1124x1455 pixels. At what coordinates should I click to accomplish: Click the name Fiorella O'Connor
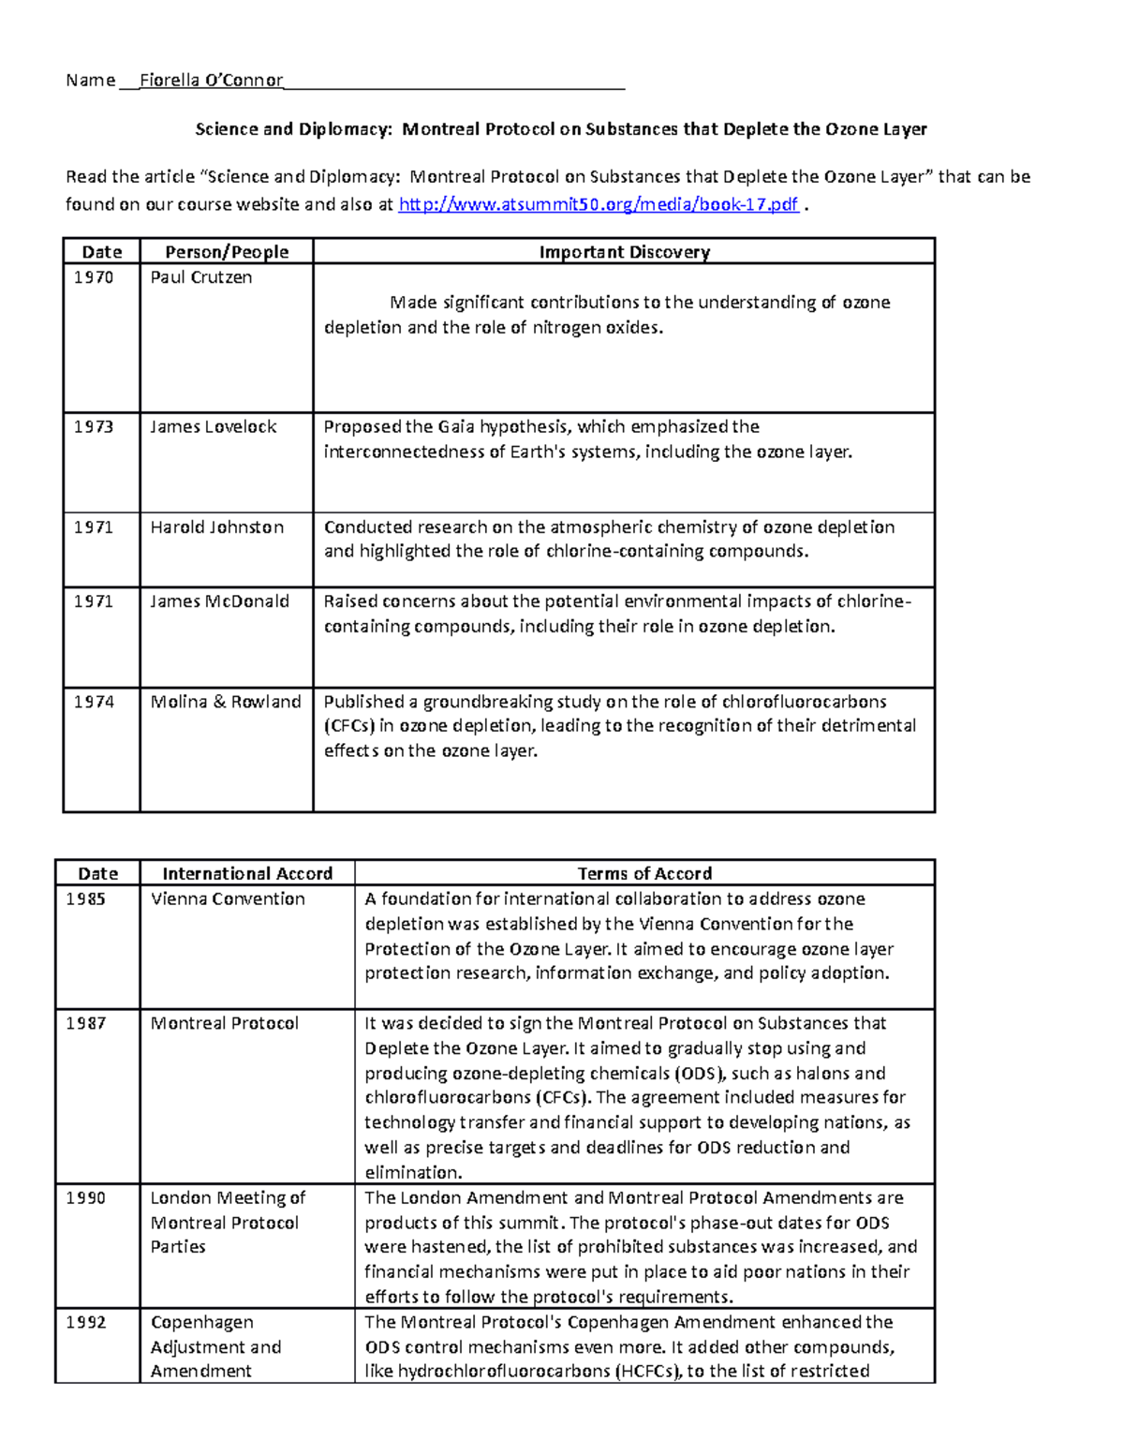(211, 81)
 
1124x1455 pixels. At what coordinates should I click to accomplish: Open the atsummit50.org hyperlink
(599, 204)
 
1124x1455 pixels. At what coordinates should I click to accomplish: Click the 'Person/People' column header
(227, 252)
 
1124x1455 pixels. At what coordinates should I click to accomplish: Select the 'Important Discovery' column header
(624, 252)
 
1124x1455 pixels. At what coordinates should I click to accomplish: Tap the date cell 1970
(94, 277)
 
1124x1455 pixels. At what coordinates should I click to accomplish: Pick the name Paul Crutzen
(200, 277)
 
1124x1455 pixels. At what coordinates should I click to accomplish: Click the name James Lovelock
(213, 427)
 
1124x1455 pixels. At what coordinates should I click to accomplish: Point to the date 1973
(94, 427)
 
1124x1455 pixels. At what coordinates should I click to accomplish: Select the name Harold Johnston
(216, 527)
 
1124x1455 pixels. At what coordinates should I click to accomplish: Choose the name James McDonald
(219, 601)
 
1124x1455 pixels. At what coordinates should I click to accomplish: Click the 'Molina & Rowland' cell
(226, 702)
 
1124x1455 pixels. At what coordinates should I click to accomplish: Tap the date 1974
(94, 702)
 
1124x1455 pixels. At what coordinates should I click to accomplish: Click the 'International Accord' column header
(247, 874)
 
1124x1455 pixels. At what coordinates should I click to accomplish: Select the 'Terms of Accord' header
(644, 874)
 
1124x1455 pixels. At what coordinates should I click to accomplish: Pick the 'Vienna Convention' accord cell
(228, 899)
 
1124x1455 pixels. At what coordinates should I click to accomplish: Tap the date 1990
(85, 1198)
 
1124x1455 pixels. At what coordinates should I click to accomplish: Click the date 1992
(85, 1323)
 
